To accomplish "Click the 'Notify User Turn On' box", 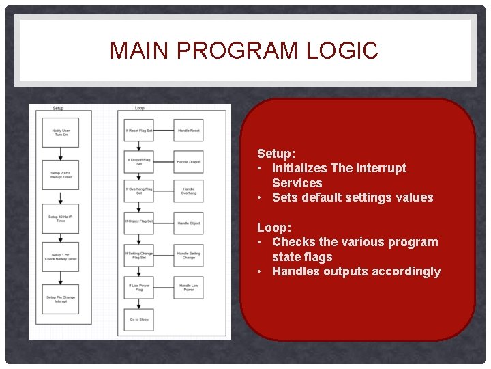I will click(x=61, y=133).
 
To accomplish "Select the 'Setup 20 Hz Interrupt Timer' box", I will click(x=61, y=175).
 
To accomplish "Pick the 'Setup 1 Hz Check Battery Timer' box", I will click(x=61, y=256).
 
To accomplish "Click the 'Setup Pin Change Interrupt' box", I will click(x=61, y=299).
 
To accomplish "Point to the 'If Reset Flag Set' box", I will click(x=139, y=130).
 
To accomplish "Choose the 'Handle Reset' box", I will click(x=188, y=130).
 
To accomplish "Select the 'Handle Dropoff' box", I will click(x=188, y=161).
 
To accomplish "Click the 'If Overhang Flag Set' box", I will click(x=139, y=191).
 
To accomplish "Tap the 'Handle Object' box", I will click(x=188, y=222).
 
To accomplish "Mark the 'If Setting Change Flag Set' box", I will click(x=139, y=256).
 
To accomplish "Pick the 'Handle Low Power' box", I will click(x=188, y=287).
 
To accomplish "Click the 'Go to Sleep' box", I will click(x=139, y=319).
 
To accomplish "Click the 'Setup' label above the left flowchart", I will click(x=58, y=108).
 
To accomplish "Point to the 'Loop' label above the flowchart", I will click(x=139, y=108).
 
